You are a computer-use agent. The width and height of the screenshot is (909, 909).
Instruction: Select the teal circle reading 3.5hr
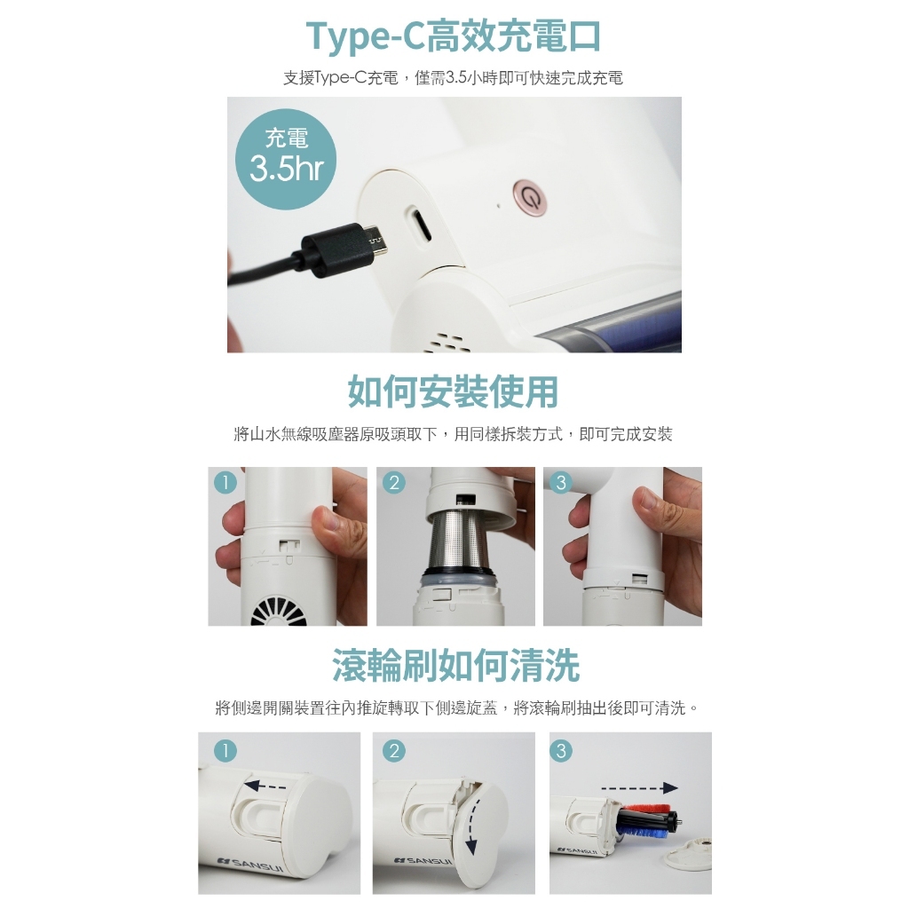click(286, 159)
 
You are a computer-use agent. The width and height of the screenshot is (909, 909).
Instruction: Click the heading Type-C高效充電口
click(454, 36)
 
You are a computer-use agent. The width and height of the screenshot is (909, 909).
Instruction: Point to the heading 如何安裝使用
click(454, 391)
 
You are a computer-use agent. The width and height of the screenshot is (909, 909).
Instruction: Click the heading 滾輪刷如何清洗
click(455, 666)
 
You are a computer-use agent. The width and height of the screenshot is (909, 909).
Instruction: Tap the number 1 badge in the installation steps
click(225, 482)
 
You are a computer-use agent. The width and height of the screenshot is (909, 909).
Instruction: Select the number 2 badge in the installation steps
click(393, 482)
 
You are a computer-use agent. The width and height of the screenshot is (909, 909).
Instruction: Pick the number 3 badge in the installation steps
click(561, 482)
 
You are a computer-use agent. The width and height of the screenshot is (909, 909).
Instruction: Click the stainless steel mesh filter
click(458, 541)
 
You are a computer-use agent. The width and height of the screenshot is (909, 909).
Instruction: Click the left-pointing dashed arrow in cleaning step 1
click(265, 786)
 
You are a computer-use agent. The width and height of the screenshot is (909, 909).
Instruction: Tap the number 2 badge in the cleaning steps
click(394, 751)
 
